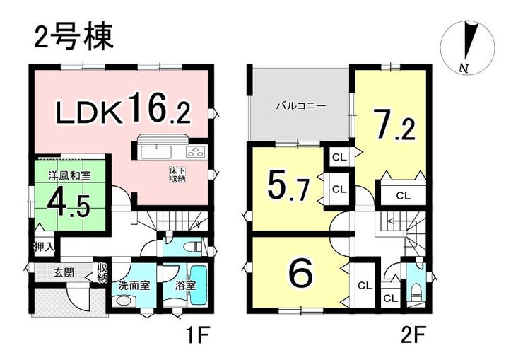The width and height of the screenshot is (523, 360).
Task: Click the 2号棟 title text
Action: [x=74, y=36]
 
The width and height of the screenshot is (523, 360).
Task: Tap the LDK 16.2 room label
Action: [x=123, y=108]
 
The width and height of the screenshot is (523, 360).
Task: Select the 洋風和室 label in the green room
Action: [x=70, y=175]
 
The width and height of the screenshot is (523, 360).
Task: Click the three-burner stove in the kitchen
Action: [x=196, y=153]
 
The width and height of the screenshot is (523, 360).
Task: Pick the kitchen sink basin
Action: [x=156, y=153]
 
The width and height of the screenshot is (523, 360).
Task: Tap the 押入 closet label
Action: [x=44, y=248]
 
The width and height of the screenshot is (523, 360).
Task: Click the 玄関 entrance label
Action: [x=64, y=273]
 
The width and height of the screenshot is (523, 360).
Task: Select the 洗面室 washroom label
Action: [x=134, y=286]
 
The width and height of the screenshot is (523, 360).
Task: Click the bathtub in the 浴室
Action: [x=199, y=285]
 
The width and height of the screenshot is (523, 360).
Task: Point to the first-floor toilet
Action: [x=193, y=247]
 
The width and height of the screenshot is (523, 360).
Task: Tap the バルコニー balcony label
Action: [x=301, y=106]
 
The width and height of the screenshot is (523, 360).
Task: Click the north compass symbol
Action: [x=468, y=47]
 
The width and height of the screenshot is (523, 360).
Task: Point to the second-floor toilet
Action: [x=417, y=291]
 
